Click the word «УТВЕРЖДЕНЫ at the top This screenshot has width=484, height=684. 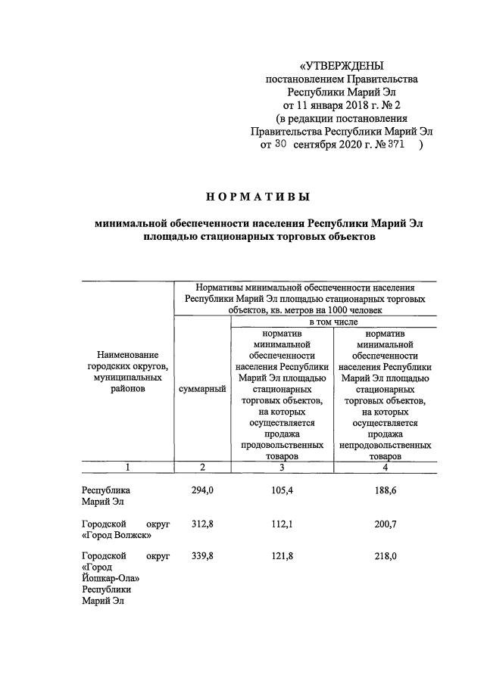click(x=342, y=66)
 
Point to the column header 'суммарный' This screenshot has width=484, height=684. click(x=202, y=388)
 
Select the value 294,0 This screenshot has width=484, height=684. click(x=202, y=490)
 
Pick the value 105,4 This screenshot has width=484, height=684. click(x=281, y=490)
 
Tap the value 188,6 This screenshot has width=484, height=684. click(x=383, y=490)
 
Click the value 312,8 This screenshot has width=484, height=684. click(x=202, y=524)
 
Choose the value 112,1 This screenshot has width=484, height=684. click(x=281, y=524)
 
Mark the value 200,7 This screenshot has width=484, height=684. click(x=383, y=524)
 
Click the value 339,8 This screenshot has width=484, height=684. click(x=202, y=555)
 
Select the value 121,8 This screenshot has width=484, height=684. click(x=281, y=555)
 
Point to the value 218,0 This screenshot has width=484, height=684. click(x=383, y=555)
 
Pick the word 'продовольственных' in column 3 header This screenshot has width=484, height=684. click(x=282, y=446)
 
